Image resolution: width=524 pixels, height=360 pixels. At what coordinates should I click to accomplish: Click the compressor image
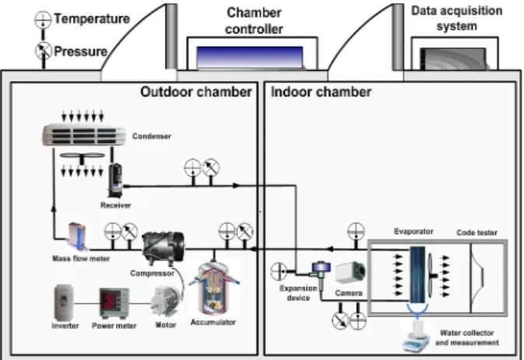163,247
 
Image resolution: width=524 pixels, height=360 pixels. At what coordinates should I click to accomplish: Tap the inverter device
65,302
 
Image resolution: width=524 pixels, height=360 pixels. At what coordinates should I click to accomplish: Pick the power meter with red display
114,303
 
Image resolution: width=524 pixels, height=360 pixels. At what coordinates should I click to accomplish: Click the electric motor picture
166,301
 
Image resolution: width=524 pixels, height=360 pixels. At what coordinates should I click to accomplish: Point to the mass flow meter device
78,236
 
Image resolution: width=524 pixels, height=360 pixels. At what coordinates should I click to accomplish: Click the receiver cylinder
116,180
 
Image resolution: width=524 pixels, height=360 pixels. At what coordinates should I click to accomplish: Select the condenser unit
84,135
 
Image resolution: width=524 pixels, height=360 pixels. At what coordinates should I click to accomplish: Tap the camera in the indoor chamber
350,272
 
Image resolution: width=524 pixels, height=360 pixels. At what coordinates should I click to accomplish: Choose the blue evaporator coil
417,274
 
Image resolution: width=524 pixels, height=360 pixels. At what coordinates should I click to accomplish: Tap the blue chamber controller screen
250,58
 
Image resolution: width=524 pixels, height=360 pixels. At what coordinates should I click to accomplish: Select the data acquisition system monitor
453,59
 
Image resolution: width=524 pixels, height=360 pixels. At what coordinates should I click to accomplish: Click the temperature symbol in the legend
43,19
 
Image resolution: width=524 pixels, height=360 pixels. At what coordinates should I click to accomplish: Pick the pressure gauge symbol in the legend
43,51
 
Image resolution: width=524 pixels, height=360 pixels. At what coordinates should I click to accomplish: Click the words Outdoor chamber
196,92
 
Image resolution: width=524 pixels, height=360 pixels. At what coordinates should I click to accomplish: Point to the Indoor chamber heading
321,92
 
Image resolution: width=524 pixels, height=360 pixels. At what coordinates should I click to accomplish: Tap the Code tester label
477,232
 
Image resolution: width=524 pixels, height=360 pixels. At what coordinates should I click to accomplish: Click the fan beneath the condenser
82,156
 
